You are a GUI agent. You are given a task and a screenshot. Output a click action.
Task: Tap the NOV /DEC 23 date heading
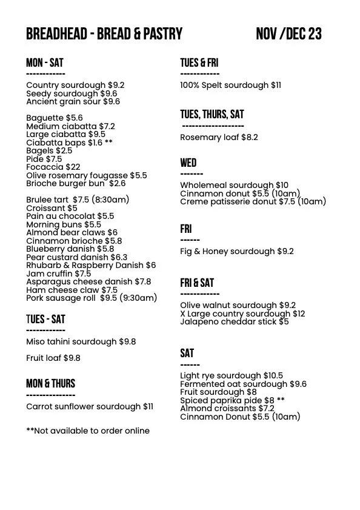click(x=288, y=34)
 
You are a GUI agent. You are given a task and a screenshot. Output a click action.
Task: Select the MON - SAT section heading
click(x=44, y=63)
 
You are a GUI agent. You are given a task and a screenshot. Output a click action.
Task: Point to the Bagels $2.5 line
click(x=49, y=150)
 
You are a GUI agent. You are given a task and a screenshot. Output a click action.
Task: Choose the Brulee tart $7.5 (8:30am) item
click(x=78, y=200)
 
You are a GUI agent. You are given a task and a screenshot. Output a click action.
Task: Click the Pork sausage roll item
click(x=92, y=298)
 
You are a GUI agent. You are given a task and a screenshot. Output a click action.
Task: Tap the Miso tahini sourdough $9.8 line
click(x=81, y=342)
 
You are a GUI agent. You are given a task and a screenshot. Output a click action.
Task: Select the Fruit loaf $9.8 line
click(x=53, y=358)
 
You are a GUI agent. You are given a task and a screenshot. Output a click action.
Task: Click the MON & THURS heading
click(x=50, y=383)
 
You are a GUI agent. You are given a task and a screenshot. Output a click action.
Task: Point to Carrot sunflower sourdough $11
click(x=90, y=406)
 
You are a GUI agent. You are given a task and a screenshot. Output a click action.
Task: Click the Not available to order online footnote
click(x=88, y=431)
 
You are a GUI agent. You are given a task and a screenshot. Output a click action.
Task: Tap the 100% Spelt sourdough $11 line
click(x=230, y=86)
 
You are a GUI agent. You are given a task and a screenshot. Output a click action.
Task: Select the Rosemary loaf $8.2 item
click(x=219, y=137)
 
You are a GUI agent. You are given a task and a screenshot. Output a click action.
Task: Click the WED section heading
click(x=188, y=163)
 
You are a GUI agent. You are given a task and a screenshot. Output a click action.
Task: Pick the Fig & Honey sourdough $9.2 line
click(x=236, y=251)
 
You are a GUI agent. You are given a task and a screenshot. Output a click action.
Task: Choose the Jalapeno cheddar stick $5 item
click(x=234, y=321)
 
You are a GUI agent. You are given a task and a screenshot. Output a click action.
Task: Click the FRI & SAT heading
click(x=196, y=283)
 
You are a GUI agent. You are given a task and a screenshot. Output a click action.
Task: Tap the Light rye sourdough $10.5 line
click(x=231, y=375)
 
